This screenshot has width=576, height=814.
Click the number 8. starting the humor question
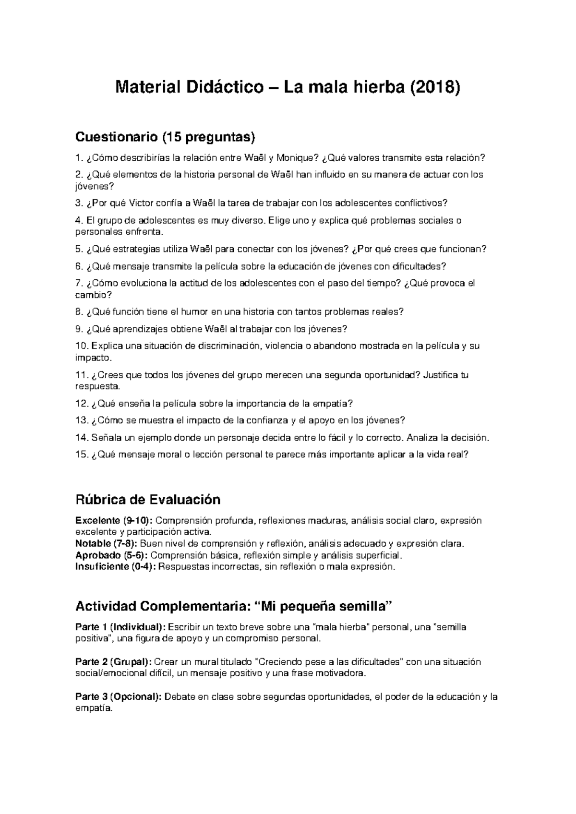pos(80,311)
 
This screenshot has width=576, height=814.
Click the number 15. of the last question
pos(82,455)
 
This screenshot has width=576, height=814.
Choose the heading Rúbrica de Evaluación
pos(148,500)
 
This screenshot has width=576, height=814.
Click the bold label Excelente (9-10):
pos(114,521)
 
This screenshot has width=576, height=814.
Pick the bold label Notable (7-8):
pos(107,544)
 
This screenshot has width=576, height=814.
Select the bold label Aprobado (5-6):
pos(111,555)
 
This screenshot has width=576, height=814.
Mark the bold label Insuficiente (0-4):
pos(116,567)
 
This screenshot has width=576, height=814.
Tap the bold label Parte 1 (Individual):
pos(120,627)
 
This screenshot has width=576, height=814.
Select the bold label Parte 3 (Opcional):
pos(119,696)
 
